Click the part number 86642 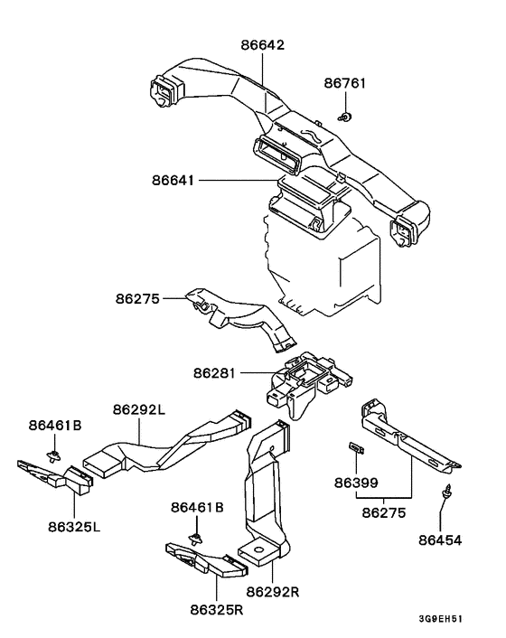262,44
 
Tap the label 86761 345,83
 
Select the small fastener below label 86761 345,117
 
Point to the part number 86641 173,180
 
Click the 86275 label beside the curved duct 137,298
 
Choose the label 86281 214,372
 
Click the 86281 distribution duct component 309,382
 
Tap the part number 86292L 139,409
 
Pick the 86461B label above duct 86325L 55,426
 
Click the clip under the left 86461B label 54,456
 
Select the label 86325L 74,527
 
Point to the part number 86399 356,483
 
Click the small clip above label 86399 356,447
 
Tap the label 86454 440,540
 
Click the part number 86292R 273,592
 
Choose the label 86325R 216,610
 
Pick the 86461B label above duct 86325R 197,507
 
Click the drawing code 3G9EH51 441,619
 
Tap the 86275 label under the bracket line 384,512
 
